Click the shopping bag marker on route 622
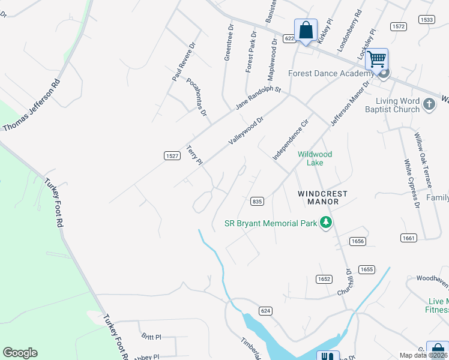306,30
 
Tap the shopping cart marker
376,60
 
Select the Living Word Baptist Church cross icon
429,104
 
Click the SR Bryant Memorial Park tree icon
326,223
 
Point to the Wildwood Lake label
315,158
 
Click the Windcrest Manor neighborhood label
318,197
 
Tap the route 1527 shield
172,155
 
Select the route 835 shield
258,201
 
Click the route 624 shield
267,310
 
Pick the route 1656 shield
358,241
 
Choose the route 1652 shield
324,279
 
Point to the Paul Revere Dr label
183,62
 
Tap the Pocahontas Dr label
196,97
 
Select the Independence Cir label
290,139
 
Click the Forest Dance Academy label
331,73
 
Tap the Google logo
20,353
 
